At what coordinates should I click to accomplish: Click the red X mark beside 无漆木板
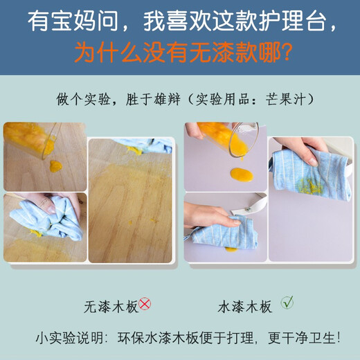145,304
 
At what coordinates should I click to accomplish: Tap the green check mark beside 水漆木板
287,303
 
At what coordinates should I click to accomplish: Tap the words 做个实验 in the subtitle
79,98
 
